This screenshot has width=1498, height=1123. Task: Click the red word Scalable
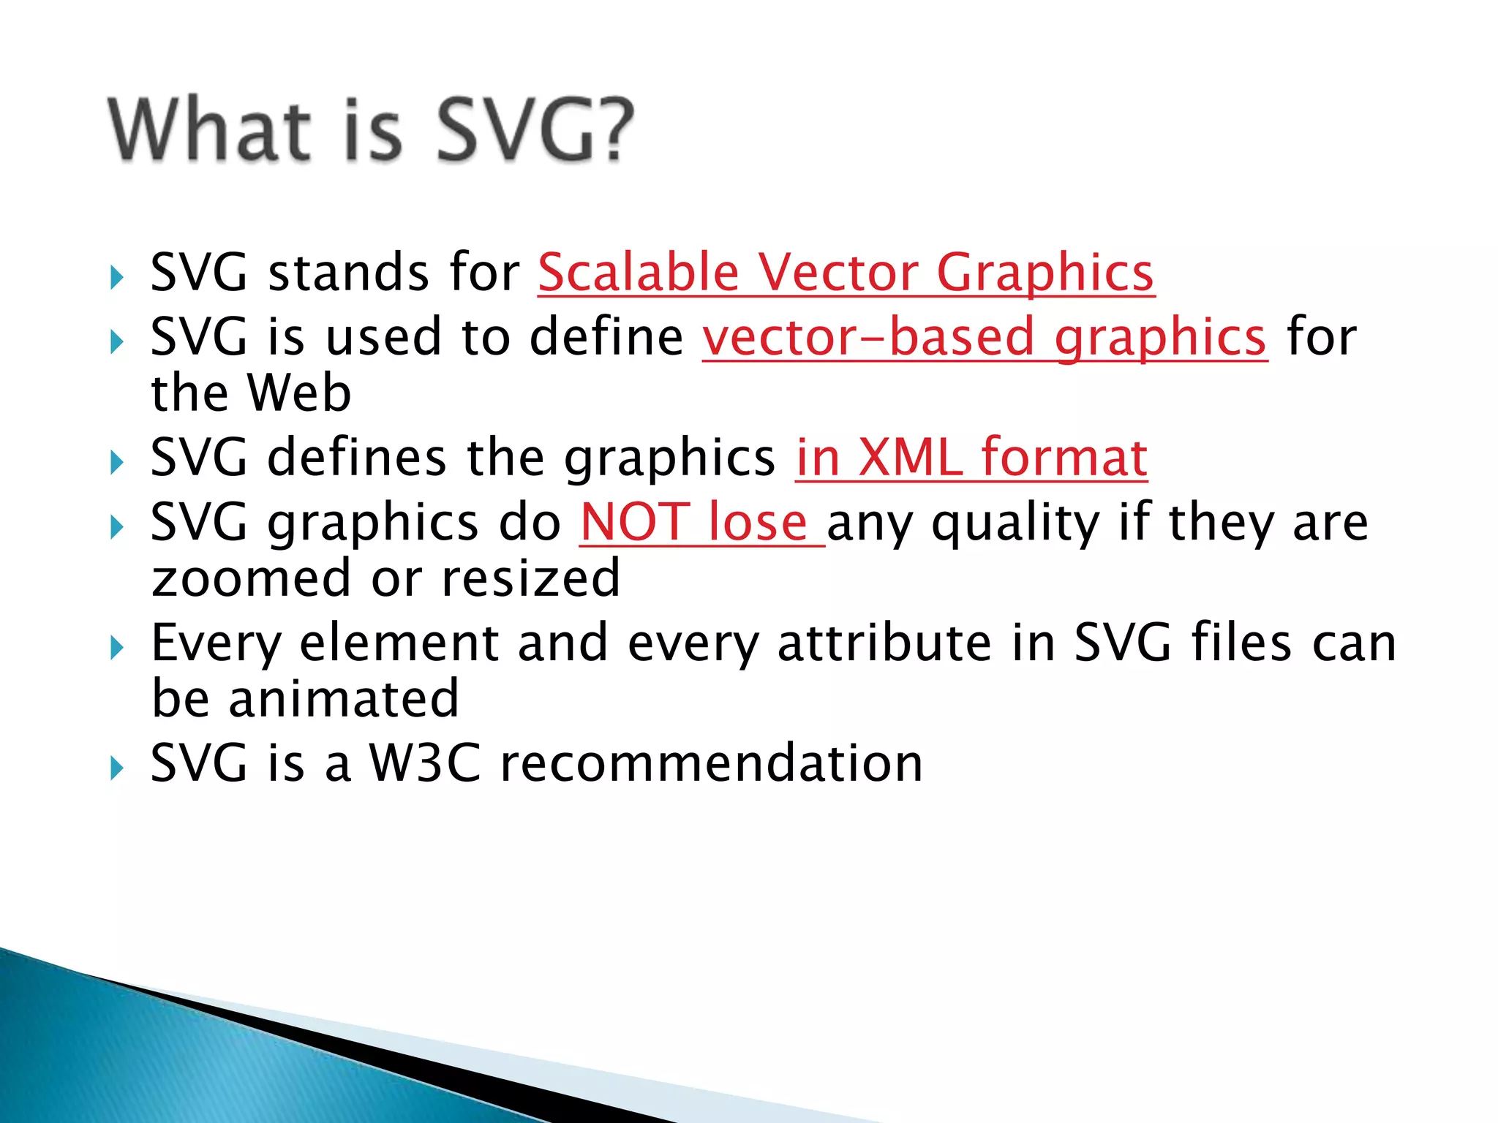(639, 273)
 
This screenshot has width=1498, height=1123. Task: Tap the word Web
(299, 393)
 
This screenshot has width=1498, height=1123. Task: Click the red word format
(1064, 458)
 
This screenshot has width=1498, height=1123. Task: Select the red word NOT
(635, 523)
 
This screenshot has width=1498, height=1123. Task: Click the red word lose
(758, 523)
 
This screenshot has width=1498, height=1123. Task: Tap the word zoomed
(251, 578)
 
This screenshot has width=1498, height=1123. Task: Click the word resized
(531, 578)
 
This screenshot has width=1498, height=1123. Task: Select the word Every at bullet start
(216, 644)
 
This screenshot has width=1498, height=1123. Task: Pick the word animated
(344, 700)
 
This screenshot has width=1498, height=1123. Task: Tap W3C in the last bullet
(424, 764)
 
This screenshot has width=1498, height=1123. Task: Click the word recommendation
(711, 764)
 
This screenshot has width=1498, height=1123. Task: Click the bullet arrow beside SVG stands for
(117, 277)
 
